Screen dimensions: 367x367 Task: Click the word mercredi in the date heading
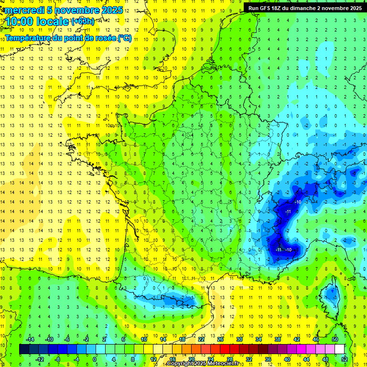pos(24,10)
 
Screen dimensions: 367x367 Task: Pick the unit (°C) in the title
pos(125,38)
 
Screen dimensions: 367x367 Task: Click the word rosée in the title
pos(104,38)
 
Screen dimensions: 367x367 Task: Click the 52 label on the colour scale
pos(345,359)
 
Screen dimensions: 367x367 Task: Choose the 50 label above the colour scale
pos(335,339)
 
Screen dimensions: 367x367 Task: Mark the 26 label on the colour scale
pos(220,339)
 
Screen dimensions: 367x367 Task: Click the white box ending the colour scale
pos(340,349)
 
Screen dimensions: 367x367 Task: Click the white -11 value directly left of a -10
pos(278,249)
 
